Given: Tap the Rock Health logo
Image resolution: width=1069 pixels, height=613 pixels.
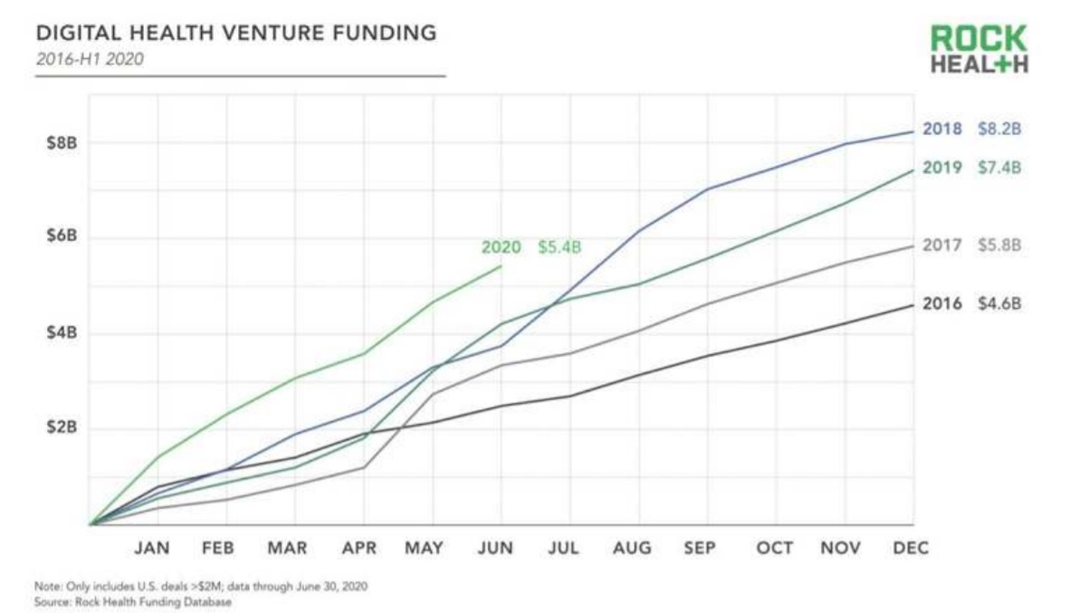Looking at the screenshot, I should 978,49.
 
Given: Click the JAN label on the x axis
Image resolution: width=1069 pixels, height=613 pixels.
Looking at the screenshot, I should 152,548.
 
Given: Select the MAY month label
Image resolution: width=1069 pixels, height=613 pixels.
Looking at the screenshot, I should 424,548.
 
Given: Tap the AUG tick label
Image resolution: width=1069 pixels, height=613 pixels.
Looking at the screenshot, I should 632,548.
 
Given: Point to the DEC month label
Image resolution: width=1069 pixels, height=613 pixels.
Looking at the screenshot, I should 911,548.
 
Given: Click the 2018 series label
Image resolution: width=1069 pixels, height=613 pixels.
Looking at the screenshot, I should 942,129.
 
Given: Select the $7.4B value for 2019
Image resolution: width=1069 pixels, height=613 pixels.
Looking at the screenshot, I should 999,168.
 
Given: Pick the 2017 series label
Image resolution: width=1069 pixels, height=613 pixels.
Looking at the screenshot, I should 942,245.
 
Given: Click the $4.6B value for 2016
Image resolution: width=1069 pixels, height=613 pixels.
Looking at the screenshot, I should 999,303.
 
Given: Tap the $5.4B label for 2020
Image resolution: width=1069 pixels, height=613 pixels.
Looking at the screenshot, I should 559,247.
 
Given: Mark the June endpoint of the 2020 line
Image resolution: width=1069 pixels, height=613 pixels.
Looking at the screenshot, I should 501,266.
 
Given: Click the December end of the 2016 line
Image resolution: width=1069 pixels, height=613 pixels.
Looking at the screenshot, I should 912,305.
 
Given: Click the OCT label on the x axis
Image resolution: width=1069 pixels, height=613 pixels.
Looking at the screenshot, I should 775,548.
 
